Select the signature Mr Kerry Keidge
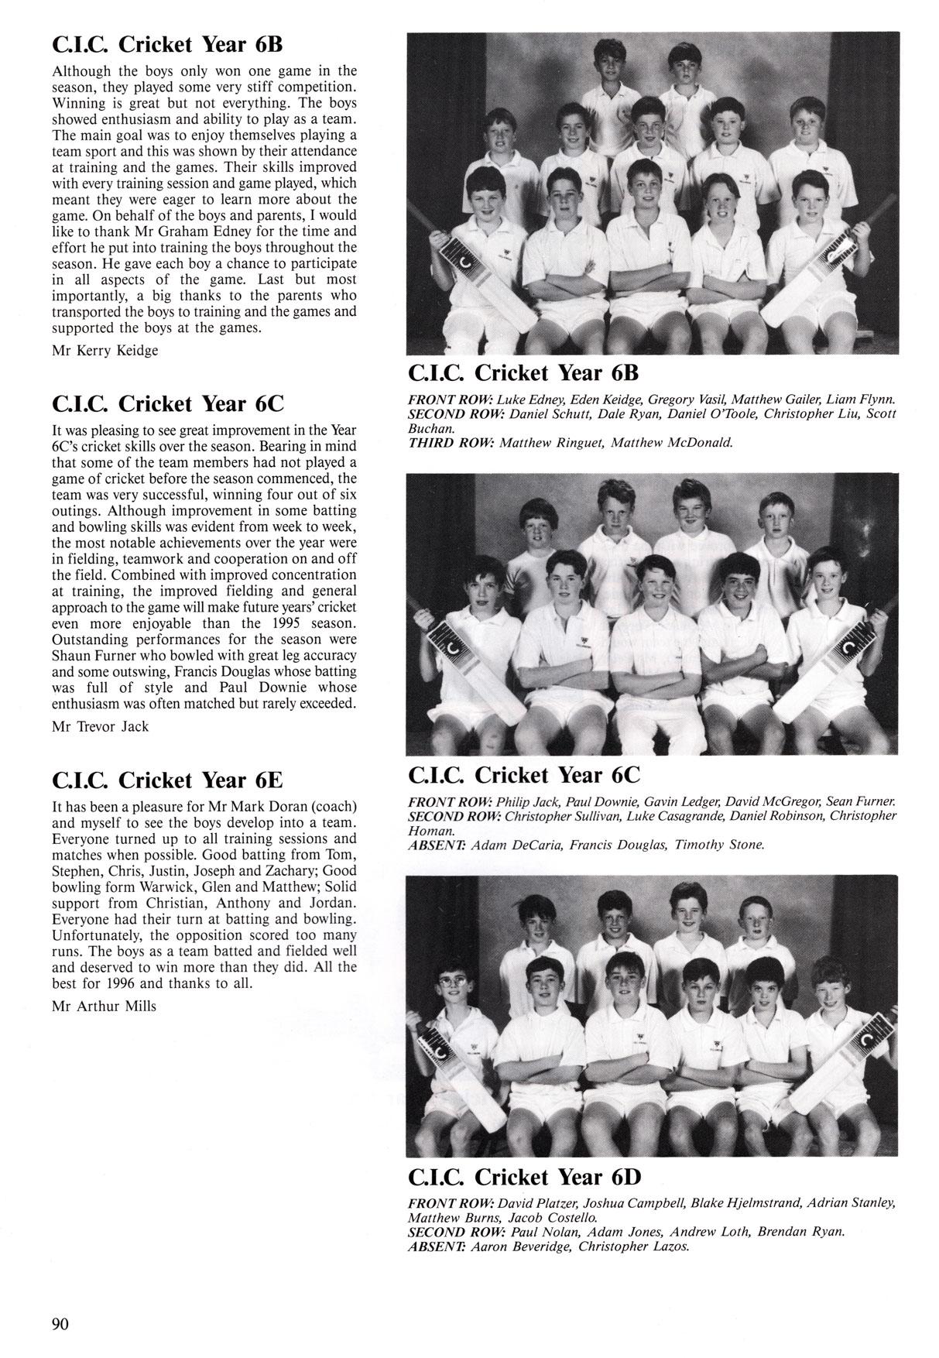pos(105,351)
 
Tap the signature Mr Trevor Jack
pos(100,726)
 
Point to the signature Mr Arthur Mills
pos(104,1006)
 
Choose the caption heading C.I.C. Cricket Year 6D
pos(525,1178)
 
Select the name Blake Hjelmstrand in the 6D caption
pos(744,1204)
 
